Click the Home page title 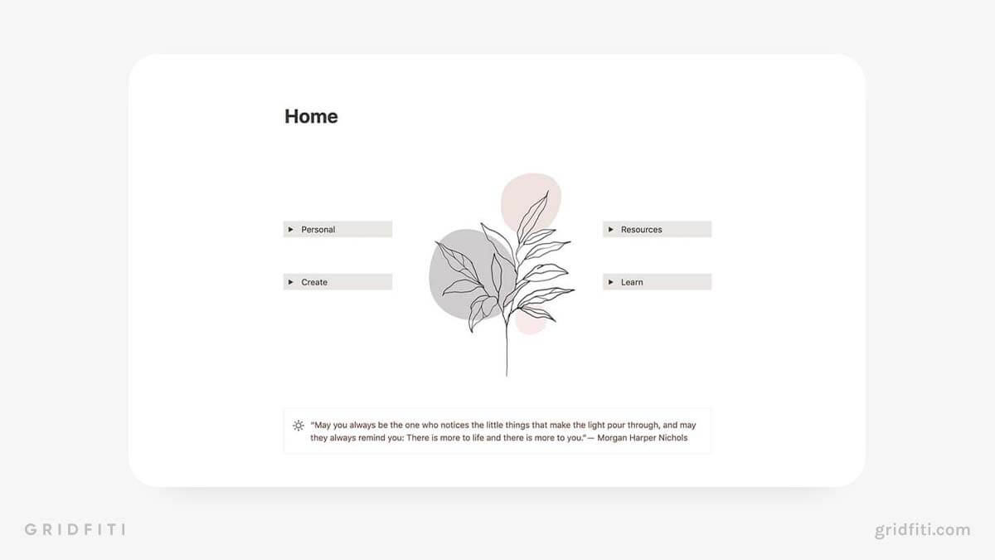pyautogui.click(x=311, y=116)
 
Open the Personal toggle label pyautogui.click(x=318, y=230)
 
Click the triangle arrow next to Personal pyautogui.click(x=290, y=229)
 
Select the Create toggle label pyautogui.click(x=314, y=282)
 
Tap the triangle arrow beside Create pyautogui.click(x=290, y=282)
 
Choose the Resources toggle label pyautogui.click(x=642, y=230)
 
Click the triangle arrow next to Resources pyautogui.click(x=611, y=229)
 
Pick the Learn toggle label pyautogui.click(x=632, y=282)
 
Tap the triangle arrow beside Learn pyautogui.click(x=611, y=282)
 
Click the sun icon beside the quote pyautogui.click(x=298, y=426)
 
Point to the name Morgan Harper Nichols pyautogui.click(x=643, y=438)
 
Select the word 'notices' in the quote pyautogui.click(x=454, y=426)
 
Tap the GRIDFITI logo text pyautogui.click(x=75, y=529)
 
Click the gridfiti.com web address pyautogui.click(x=923, y=530)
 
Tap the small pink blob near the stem pyautogui.click(x=530, y=324)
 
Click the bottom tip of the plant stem pyautogui.click(x=507, y=377)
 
